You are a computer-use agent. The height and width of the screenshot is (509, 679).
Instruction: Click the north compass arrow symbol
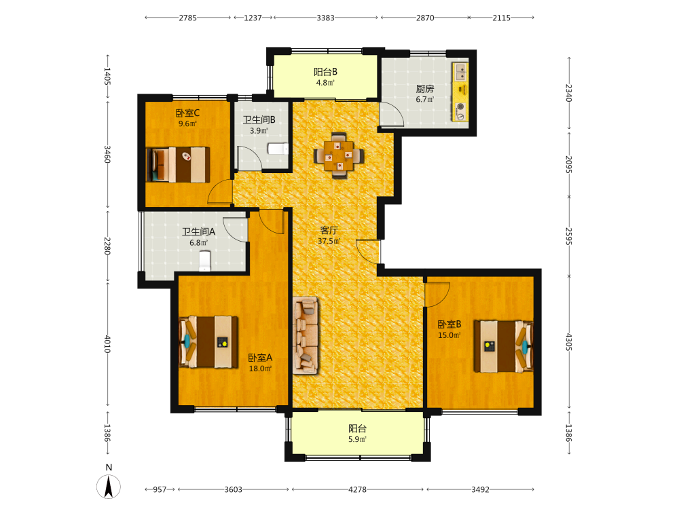(109, 487)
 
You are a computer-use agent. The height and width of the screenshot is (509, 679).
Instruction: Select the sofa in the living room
(306, 335)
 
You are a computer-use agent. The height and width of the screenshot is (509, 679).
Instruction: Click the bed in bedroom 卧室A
(208, 342)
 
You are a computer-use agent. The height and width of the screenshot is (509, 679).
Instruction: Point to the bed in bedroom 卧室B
(503, 346)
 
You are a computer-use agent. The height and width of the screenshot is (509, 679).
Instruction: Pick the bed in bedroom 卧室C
(178, 165)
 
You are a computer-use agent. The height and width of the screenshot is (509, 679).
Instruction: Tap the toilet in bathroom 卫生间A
(204, 261)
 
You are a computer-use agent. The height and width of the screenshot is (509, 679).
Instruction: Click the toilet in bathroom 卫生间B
(278, 149)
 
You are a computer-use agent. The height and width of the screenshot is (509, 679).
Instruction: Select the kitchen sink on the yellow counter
(460, 73)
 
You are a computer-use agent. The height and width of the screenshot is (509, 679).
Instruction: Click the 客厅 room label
(329, 230)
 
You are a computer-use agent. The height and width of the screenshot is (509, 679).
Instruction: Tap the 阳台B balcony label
(326, 72)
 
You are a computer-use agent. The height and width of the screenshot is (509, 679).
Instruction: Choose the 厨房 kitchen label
(425, 89)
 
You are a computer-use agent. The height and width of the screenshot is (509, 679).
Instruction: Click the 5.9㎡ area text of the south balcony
(358, 439)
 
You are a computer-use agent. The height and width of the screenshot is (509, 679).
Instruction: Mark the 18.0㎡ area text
(260, 369)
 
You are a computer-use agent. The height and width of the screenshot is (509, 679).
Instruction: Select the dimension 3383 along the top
(326, 18)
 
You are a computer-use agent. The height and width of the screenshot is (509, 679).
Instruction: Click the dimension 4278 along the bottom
(358, 489)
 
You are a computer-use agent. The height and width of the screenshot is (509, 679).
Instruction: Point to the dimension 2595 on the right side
(569, 236)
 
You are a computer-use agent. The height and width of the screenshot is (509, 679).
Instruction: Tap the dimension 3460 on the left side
(107, 155)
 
